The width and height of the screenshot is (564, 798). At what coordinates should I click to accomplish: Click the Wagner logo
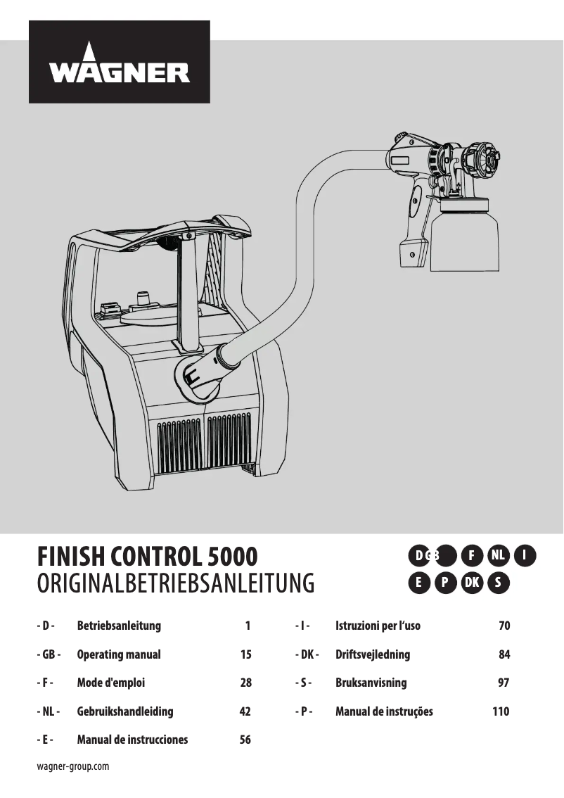(119, 62)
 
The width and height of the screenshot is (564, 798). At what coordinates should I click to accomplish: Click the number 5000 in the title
(233, 557)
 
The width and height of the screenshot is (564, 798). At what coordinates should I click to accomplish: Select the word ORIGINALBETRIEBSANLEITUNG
(174, 584)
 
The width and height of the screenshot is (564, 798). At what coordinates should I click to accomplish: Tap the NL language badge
(499, 555)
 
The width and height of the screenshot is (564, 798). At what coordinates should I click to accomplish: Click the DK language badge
(472, 583)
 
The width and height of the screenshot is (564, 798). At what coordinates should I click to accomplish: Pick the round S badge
(498, 583)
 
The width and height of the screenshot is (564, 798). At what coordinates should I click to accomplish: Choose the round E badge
(418, 583)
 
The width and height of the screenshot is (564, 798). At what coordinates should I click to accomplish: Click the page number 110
(501, 711)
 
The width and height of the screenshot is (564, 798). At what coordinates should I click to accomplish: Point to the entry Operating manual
(118, 654)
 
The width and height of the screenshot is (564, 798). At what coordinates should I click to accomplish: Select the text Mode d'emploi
(110, 683)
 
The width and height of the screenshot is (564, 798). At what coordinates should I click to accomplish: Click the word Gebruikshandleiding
(124, 711)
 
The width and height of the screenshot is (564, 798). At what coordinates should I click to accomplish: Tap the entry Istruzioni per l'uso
(378, 626)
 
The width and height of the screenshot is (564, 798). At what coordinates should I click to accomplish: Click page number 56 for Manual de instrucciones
(245, 740)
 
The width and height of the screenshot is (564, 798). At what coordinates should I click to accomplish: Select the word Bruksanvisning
(371, 683)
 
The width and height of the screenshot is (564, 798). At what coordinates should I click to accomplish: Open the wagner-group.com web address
(72, 766)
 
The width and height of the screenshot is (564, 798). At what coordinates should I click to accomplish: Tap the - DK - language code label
(307, 654)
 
